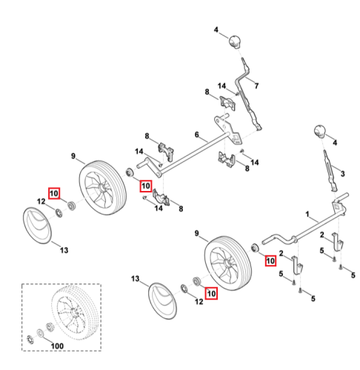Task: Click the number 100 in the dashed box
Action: click(x=57, y=346)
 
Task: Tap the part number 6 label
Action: click(x=196, y=135)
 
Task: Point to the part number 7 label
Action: click(x=257, y=86)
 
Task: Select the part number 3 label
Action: click(x=342, y=174)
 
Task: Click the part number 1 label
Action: click(x=307, y=214)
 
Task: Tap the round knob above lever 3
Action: click(x=319, y=131)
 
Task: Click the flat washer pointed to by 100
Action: click(x=40, y=333)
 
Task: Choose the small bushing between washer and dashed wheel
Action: click(x=49, y=328)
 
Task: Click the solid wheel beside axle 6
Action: click(x=102, y=188)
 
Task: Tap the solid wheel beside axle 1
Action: click(x=228, y=263)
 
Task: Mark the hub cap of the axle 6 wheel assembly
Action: click(x=38, y=226)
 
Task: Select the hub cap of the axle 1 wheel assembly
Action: click(x=162, y=301)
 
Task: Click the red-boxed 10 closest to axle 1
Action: click(x=270, y=260)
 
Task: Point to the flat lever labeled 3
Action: click(x=330, y=171)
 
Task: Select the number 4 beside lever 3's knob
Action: click(x=335, y=143)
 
